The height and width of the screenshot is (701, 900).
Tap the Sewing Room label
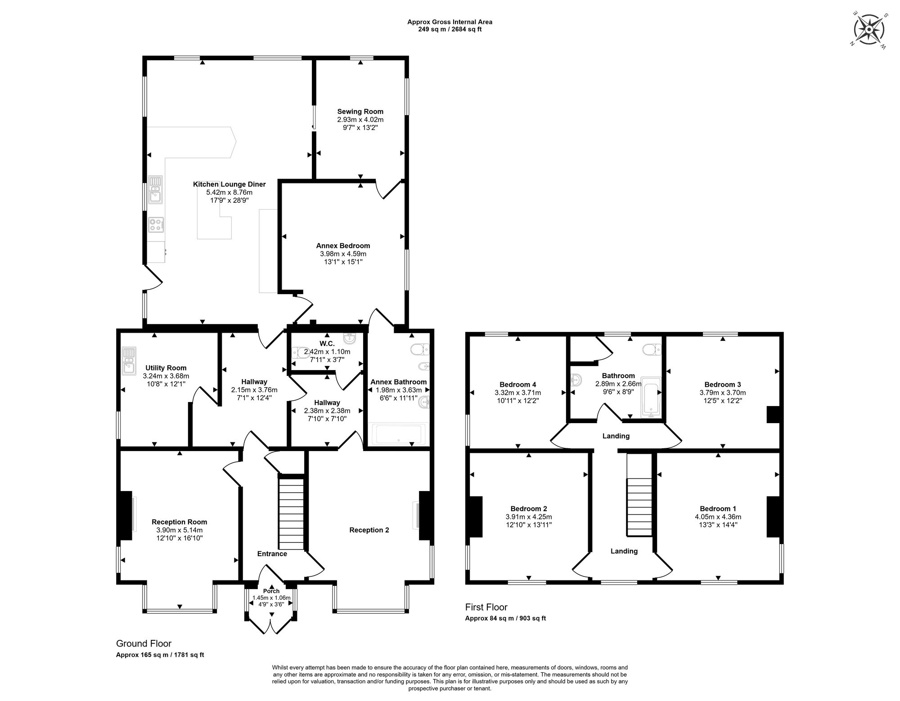360,112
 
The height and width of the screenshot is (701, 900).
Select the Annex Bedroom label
343,246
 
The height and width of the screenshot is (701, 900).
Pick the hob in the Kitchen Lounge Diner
156,224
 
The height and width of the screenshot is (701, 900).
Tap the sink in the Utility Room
129,361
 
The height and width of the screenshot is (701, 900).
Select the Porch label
271,591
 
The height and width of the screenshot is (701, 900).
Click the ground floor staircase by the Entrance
291,511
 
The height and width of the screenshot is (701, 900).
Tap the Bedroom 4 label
517,384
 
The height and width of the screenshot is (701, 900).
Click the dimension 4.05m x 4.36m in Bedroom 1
718,517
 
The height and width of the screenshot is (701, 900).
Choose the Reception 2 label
369,530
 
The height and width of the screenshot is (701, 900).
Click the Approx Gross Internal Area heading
450,22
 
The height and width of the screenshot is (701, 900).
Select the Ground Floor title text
144,643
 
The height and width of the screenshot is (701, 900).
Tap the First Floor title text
486,607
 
